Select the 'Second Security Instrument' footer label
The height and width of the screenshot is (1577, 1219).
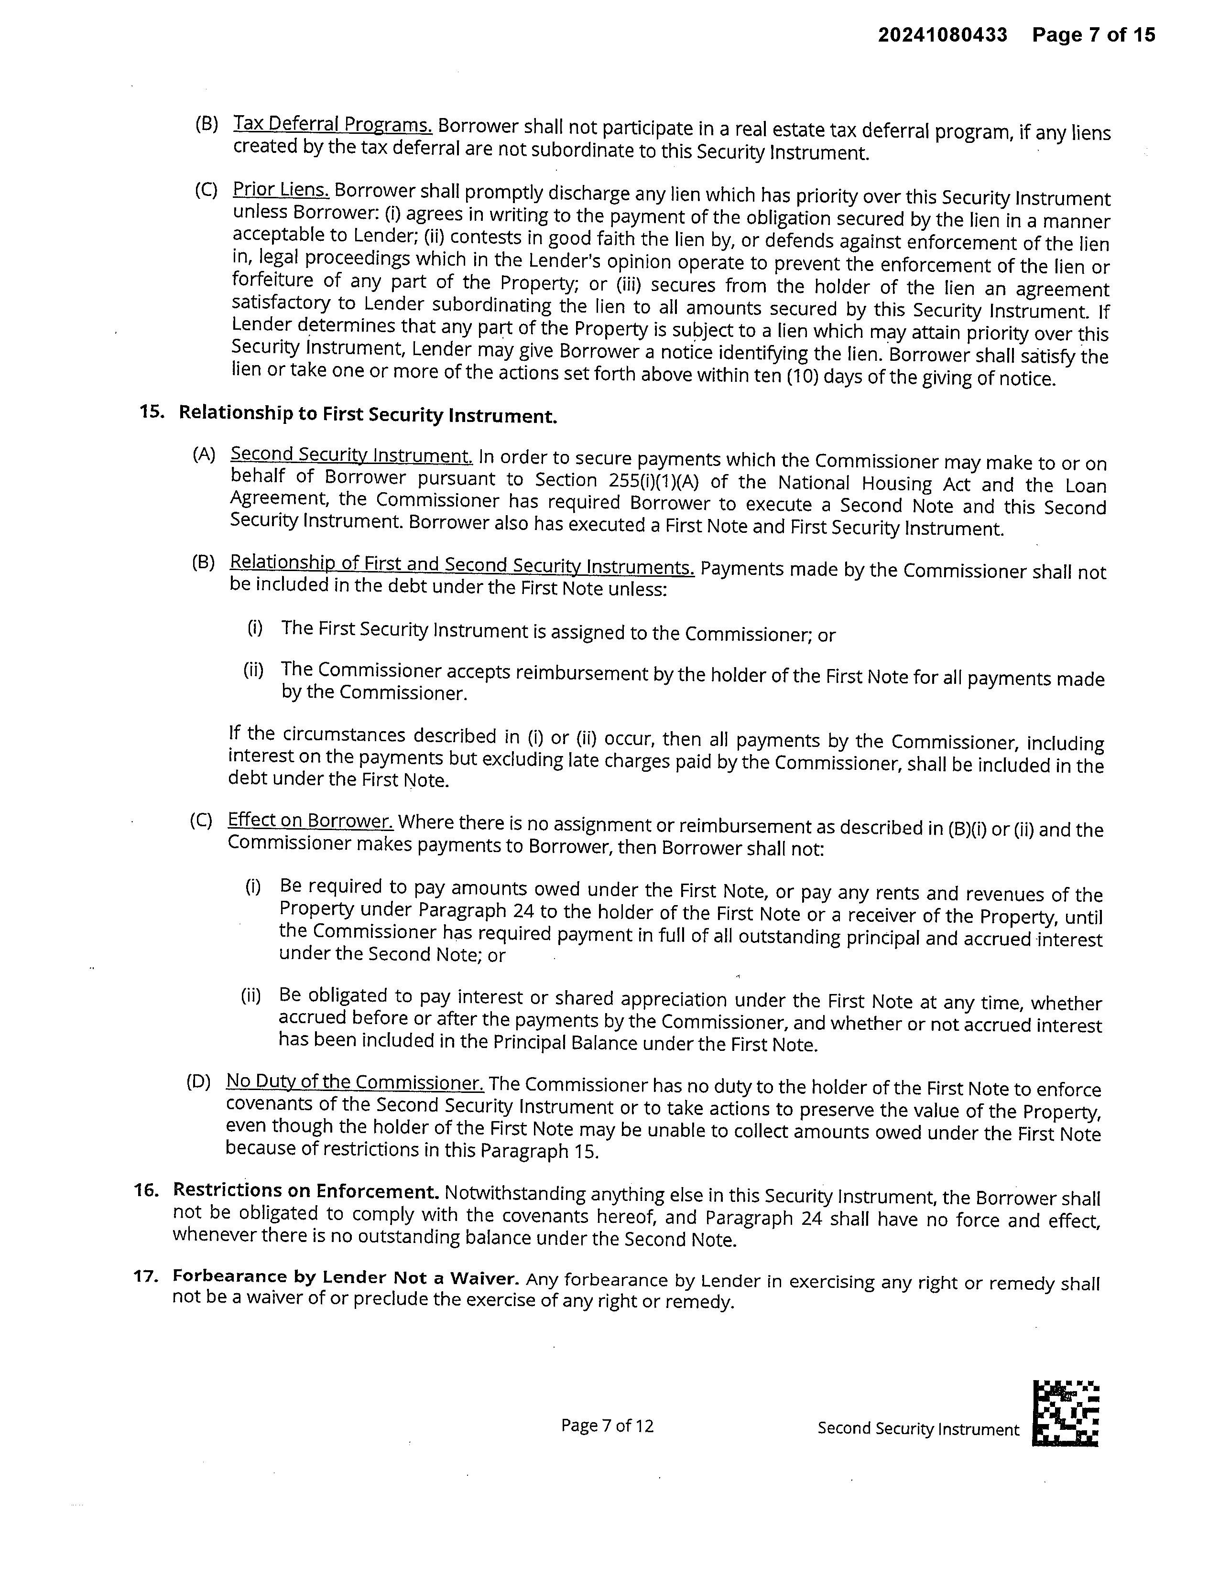[918, 1429]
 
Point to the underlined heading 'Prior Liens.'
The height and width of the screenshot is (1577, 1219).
[281, 190]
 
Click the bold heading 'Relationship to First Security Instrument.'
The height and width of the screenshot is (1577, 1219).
[368, 414]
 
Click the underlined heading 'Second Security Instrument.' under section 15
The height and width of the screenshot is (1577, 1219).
[352, 455]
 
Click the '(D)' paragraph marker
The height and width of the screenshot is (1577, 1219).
[198, 1081]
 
